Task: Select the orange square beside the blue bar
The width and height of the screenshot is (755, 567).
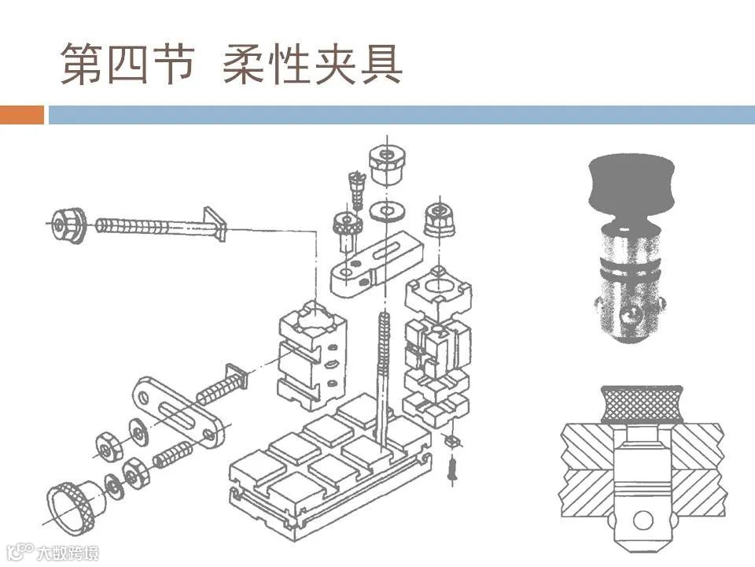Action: click(22, 115)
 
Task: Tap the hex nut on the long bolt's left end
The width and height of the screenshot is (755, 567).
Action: click(67, 224)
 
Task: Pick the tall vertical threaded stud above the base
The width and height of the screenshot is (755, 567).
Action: click(383, 370)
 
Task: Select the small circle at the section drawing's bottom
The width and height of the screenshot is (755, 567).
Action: click(644, 520)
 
